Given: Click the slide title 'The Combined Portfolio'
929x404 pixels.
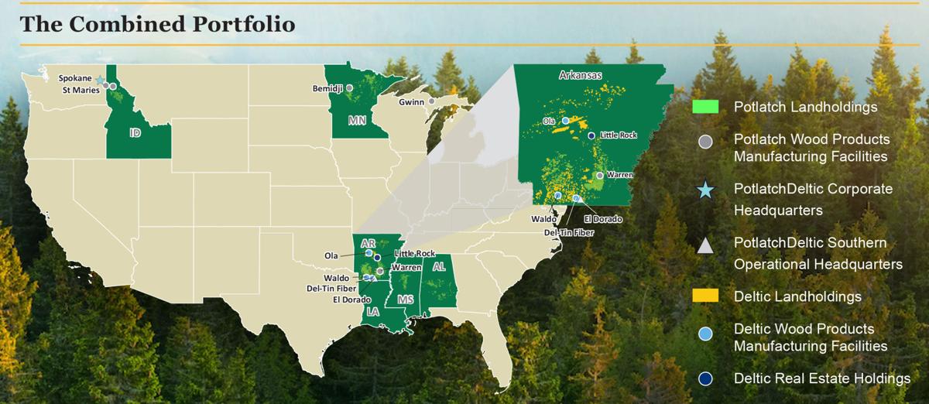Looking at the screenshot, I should pos(157,24).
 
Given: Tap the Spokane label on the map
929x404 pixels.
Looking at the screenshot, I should pos(77,77).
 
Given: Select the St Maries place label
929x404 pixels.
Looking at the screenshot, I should pos(81,89).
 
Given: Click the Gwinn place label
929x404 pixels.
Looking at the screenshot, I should pos(412,101).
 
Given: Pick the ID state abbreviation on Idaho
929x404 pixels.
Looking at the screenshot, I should pos(135,133).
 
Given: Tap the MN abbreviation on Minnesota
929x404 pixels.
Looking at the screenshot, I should pos(357,120).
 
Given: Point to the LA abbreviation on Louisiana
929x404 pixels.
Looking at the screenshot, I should pos(373,312).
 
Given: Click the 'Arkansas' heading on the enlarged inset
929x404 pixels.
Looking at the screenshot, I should pos(580,75).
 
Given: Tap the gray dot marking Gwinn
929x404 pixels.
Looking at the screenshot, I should pos(431,101).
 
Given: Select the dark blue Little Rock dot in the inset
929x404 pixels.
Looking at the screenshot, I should pos(591,135).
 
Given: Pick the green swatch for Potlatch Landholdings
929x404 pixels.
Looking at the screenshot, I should pos(705,107).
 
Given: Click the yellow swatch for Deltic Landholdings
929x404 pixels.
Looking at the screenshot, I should pos(705,296).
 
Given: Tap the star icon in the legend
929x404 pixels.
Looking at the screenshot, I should pos(705,190).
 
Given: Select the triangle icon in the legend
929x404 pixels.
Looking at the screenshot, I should pos(705,246).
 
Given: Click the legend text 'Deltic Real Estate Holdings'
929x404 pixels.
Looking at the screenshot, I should pos(822,378).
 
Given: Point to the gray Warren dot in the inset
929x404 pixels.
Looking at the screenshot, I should pos(599,176).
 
